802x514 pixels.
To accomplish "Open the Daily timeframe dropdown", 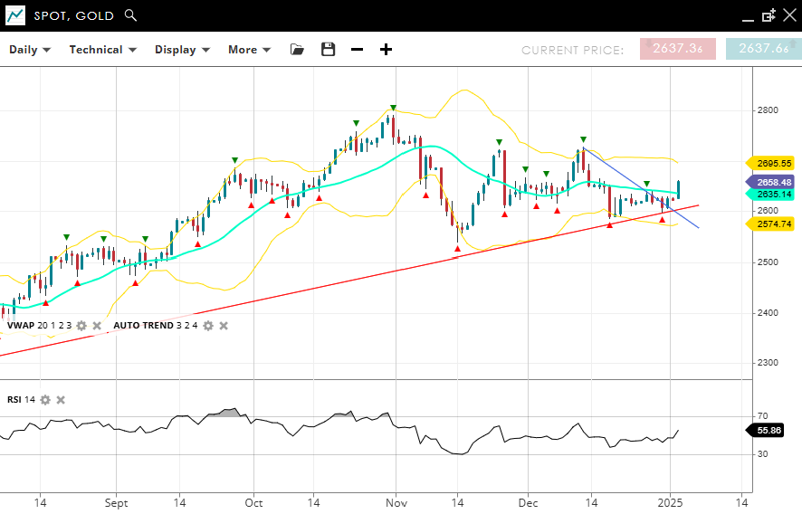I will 30,50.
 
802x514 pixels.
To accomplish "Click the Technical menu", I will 102,50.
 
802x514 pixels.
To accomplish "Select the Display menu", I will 182,50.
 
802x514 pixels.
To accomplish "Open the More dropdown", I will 250,50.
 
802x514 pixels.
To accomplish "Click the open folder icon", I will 297,50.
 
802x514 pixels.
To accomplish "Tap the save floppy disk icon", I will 328,50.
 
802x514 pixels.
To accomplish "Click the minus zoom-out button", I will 357,50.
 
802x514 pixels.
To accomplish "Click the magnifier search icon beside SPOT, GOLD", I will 130,15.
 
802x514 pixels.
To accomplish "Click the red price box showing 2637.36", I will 677,49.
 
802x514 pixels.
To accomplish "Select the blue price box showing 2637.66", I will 762,49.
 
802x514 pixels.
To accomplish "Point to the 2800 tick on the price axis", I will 768,110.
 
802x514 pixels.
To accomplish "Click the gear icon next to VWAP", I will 81,326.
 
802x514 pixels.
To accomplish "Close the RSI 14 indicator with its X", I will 61,400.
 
